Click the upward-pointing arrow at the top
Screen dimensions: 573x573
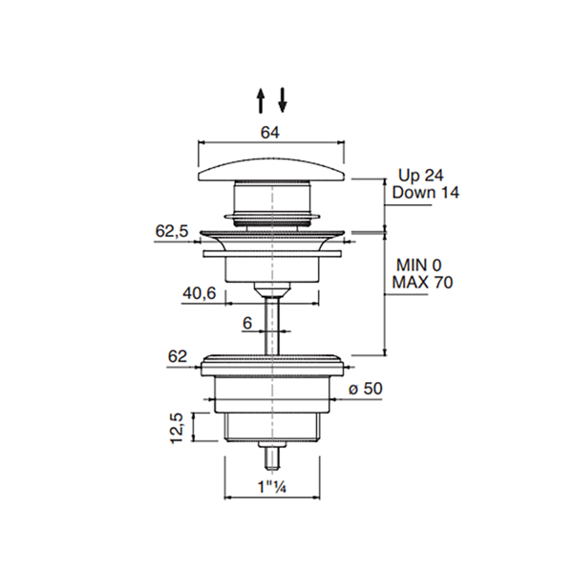click(x=260, y=100)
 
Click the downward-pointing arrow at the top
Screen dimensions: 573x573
click(x=283, y=99)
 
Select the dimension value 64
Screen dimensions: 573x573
click(x=270, y=133)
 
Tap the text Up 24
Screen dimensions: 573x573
click(x=420, y=176)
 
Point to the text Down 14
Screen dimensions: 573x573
click(x=425, y=193)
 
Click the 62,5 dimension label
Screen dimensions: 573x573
click(x=172, y=231)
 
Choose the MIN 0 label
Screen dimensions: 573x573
click(x=419, y=265)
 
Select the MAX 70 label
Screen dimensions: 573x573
click(x=422, y=282)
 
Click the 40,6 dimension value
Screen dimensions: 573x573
click(x=200, y=293)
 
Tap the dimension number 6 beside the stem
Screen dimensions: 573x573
click(x=247, y=323)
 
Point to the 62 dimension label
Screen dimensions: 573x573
click(x=178, y=356)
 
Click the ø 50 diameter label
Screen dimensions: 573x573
click(x=366, y=389)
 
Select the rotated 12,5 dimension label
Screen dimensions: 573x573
click(x=177, y=428)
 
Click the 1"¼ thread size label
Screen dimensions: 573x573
click(x=272, y=487)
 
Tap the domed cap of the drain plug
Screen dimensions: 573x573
click(x=271, y=169)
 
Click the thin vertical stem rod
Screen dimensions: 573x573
click(x=272, y=326)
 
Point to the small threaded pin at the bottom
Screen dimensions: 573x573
click(x=272, y=456)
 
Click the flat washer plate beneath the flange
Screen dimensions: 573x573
click(x=272, y=254)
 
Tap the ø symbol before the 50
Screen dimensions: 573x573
click(x=352, y=390)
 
